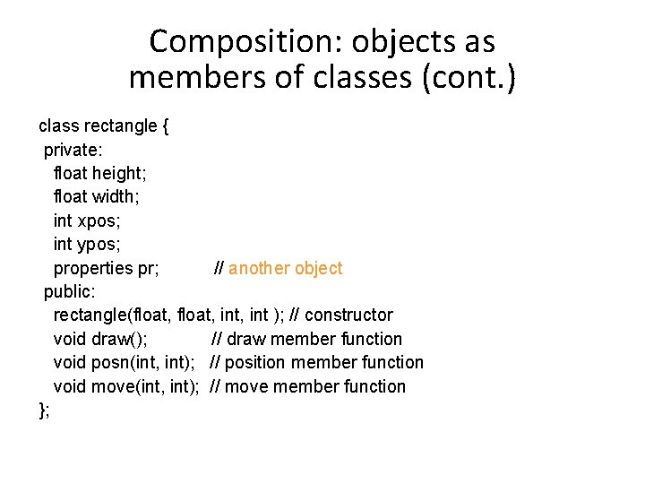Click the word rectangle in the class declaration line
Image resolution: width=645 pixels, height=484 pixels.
pyautogui.click(x=120, y=126)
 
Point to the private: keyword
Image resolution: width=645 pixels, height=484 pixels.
pyautogui.click(x=73, y=150)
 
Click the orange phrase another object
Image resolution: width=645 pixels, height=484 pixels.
pyautogui.click(x=286, y=268)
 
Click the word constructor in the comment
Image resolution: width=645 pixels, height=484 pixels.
pyautogui.click(x=348, y=315)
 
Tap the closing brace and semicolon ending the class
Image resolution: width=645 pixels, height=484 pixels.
pyautogui.click(x=44, y=411)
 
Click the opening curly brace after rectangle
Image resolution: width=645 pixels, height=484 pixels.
pyautogui.click(x=166, y=126)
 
